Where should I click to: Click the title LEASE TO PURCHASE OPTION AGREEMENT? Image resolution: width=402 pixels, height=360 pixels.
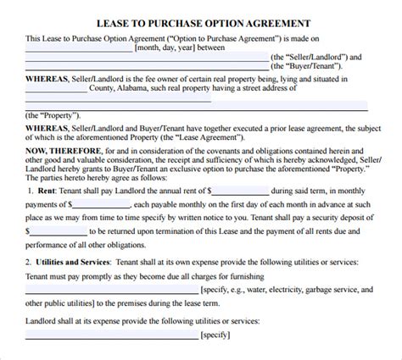(x=201, y=23)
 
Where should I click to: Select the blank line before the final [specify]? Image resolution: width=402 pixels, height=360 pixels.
(x=111, y=352)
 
